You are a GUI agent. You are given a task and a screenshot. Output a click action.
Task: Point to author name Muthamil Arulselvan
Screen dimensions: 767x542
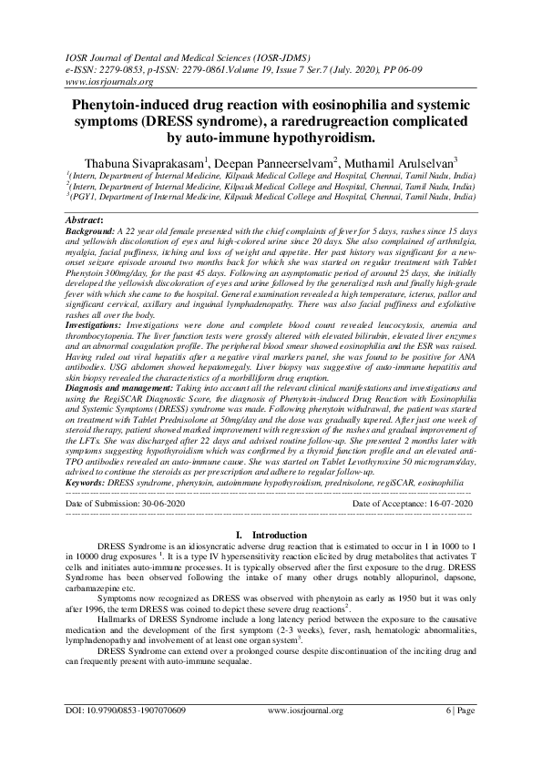point(409,161)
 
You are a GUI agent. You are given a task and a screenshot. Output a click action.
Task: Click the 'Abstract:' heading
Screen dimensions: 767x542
point(85,221)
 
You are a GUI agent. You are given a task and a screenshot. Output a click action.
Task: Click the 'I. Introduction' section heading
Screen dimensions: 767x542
point(271,533)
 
